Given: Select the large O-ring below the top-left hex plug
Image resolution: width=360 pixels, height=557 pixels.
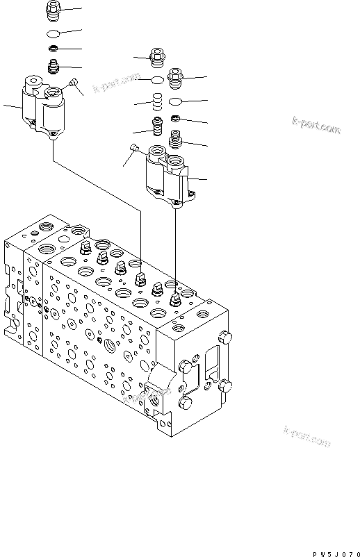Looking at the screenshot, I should tap(54, 33).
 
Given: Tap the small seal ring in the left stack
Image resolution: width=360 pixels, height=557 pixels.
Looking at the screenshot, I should tap(54, 49).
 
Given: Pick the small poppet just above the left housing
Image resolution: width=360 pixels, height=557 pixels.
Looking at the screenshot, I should tap(54, 67).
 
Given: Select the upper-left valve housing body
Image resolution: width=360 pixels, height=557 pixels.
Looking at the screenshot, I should tap(42, 109).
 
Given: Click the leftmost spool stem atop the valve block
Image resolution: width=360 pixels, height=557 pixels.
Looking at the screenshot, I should tap(85, 248).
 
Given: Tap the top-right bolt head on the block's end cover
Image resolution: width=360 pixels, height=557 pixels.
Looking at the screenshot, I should tap(224, 338).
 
